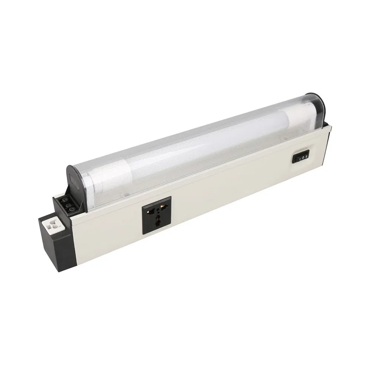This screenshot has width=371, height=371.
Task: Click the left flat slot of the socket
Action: pos(151,210)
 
